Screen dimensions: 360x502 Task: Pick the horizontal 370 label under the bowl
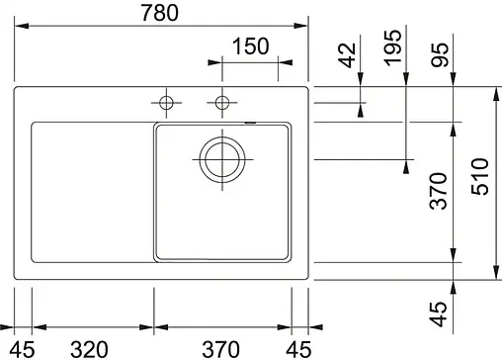pos(221,348)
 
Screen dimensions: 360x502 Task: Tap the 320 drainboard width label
pos(90,348)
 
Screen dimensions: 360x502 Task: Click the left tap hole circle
pos(166,102)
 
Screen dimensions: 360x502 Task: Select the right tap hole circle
pos(222,102)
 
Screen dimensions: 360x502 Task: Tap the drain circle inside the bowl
pos(221,158)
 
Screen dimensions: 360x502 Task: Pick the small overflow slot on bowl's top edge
pos(250,124)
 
